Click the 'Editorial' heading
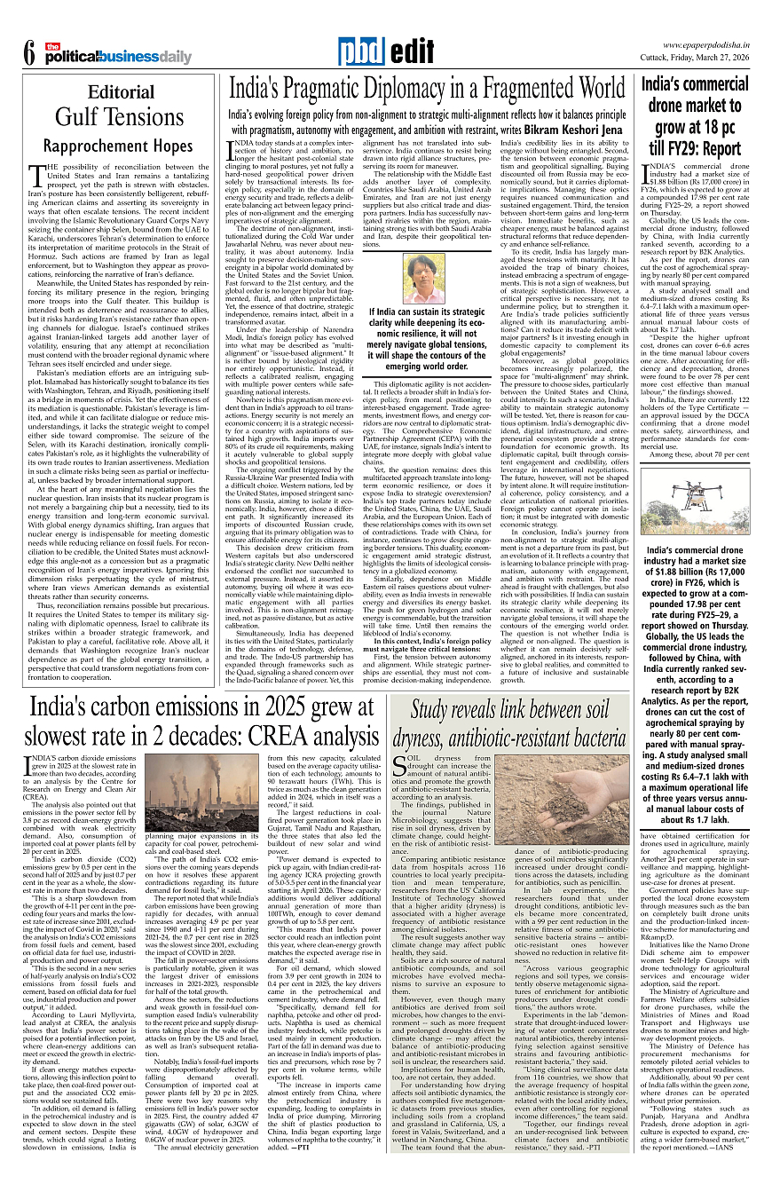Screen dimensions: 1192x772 click(121, 92)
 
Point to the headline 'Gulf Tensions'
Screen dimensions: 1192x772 click(121, 117)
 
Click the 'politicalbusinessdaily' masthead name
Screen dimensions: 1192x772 click(117, 58)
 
